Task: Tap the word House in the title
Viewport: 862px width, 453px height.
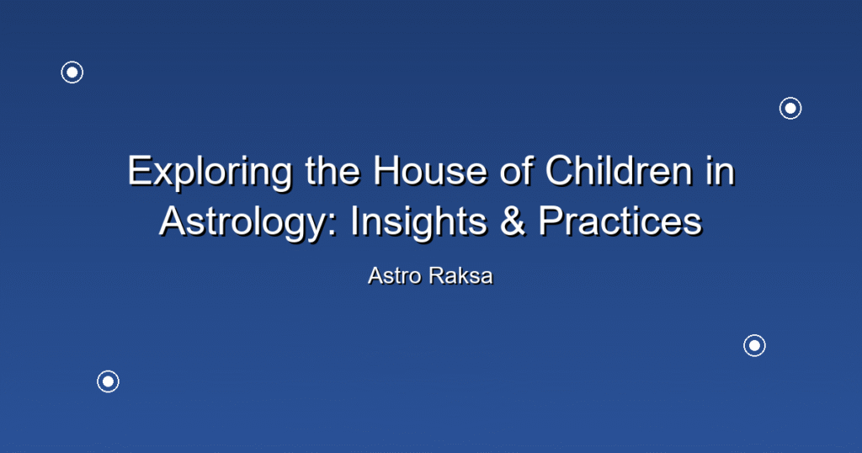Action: tap(430, 170)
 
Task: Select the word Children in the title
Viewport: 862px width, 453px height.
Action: tap(619, 170)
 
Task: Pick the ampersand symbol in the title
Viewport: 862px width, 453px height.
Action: tap(513, 221)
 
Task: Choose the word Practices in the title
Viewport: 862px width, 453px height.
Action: tap(620, 221)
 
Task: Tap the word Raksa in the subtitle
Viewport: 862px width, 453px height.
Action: tap(461, 276)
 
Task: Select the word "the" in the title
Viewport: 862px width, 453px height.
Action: tap(333, 170)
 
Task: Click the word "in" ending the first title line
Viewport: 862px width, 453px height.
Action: tap(721, 170)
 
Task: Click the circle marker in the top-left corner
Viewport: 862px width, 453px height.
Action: tap(72, 72)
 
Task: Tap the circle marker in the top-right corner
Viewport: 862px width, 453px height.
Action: tap(790, 109)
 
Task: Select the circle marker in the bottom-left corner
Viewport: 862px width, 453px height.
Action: tap(109, 381)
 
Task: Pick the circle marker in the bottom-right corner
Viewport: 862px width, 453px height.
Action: tap(755, 346)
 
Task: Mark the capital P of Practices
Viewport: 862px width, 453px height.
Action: tap(551, 221)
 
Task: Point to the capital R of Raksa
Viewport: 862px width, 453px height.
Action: tap(438, 276)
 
